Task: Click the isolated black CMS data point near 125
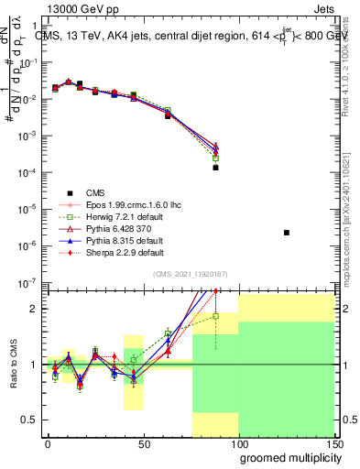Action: pyautogui.click(x=287, y=233)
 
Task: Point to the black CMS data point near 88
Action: pyautogui.click(x=216, y=168)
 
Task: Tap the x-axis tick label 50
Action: pyautogui.click(x=143, y=444)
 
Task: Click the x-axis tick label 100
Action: pyautogui.click(x=238, y=444)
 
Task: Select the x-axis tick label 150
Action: pyautogui.click(x=333, y=444)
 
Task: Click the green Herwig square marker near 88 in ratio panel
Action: pyautogui.click(x=216, y=316)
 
